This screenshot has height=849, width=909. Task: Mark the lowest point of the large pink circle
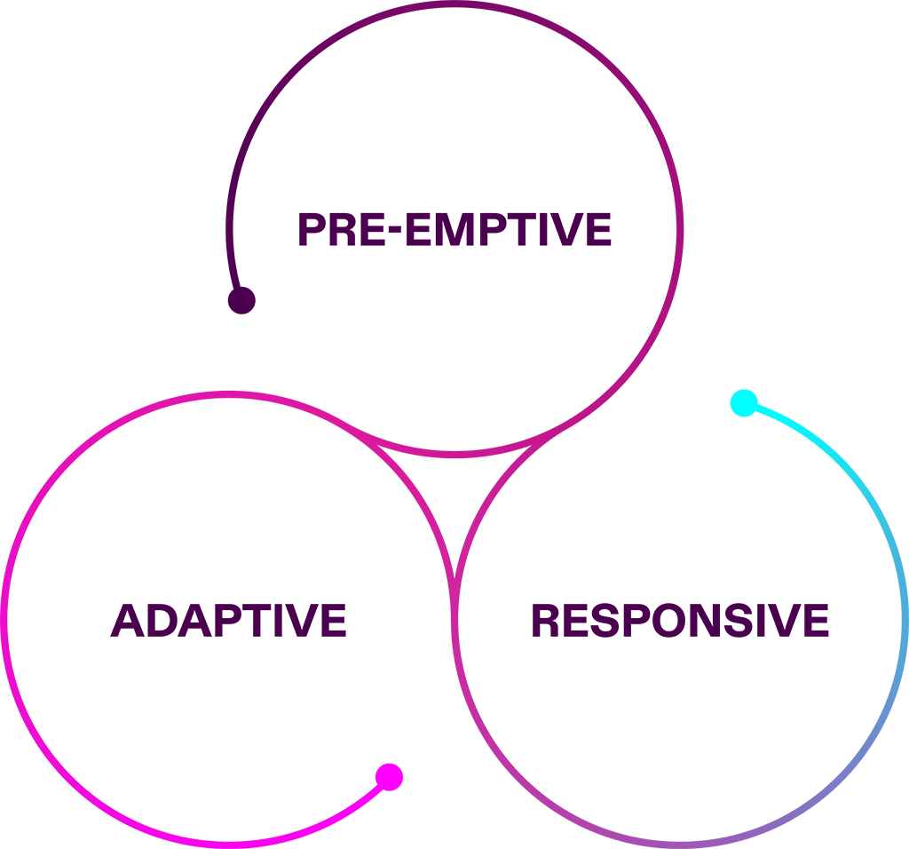click(454, 480)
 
